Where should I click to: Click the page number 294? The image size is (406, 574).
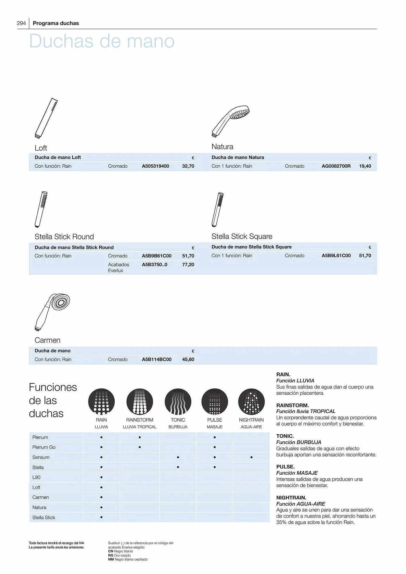pos(22,23)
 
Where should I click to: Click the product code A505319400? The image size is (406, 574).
pos(155,166)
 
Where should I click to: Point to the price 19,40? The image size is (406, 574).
pos(365,166)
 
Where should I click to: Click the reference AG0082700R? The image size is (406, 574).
pos(336,166)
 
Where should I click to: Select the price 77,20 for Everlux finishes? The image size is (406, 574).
pos(188,265)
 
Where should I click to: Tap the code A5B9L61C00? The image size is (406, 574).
pos(336,256)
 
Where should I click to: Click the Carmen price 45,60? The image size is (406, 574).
pos(188,359)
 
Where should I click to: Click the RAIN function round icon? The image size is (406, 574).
pos(101,402)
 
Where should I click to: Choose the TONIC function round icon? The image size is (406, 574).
pos(178,402)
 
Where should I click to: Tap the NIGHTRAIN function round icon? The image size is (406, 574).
pos(251,402)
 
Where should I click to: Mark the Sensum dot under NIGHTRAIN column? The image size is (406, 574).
pos(251,457)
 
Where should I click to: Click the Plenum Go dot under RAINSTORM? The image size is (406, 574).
pos(140,447)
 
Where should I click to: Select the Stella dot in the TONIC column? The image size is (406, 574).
pos(178,467)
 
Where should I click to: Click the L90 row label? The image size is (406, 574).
pos(36,477)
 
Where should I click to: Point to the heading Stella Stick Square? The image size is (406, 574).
pos(242,236)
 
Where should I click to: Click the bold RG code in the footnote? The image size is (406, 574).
pos(111,555)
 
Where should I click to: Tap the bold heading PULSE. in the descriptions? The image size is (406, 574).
pos(285,467)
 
